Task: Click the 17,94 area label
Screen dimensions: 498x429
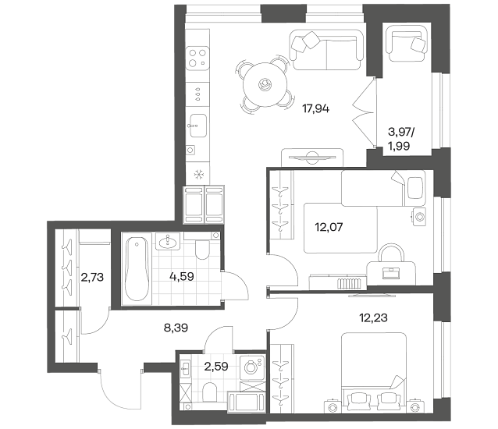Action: (315, 109)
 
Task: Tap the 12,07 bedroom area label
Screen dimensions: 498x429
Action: (329, 227)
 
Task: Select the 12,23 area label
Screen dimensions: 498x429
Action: (373, 317)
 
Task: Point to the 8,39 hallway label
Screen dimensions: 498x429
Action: (176, 328)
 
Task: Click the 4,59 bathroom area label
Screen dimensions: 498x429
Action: (182, 276)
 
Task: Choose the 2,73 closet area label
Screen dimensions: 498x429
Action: (92, 278)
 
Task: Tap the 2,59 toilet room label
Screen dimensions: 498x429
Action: (216, 367)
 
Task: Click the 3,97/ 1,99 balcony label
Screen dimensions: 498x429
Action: (401, 139)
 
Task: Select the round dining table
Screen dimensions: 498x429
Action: (265, 85)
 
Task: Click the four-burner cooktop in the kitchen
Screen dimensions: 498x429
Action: (197, 57)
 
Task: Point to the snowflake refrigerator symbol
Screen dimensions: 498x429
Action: (199, 174)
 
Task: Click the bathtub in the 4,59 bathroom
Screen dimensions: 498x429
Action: (137, 269)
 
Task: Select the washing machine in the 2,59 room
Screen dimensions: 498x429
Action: (252, 367)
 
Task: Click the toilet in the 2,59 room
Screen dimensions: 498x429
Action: (209, 392)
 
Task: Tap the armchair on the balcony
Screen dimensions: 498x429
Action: (406, 44)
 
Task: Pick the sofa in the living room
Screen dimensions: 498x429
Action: (326, 49)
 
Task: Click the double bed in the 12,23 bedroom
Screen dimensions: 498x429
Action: (374, 372)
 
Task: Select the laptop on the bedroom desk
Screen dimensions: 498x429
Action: (391, 272)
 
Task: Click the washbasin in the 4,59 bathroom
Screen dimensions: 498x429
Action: (168, 241)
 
